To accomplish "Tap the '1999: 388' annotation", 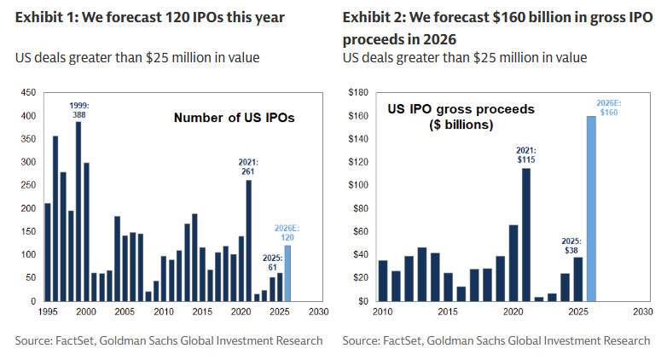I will point(78,109).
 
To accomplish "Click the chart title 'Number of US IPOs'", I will point(234,119).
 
